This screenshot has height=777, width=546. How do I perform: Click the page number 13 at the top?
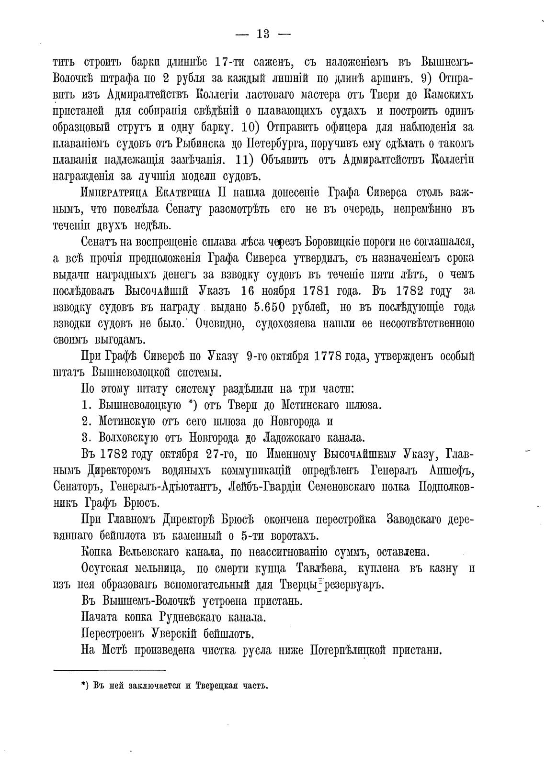(x=263, y=34)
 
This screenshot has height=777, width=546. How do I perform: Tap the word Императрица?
(x=111, y=193)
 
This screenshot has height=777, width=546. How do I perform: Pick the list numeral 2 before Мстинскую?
(x=86, y=421)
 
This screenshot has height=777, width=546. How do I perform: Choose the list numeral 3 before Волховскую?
(x=86, y=437)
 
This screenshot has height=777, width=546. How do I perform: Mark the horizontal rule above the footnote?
(x=109, y=670)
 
